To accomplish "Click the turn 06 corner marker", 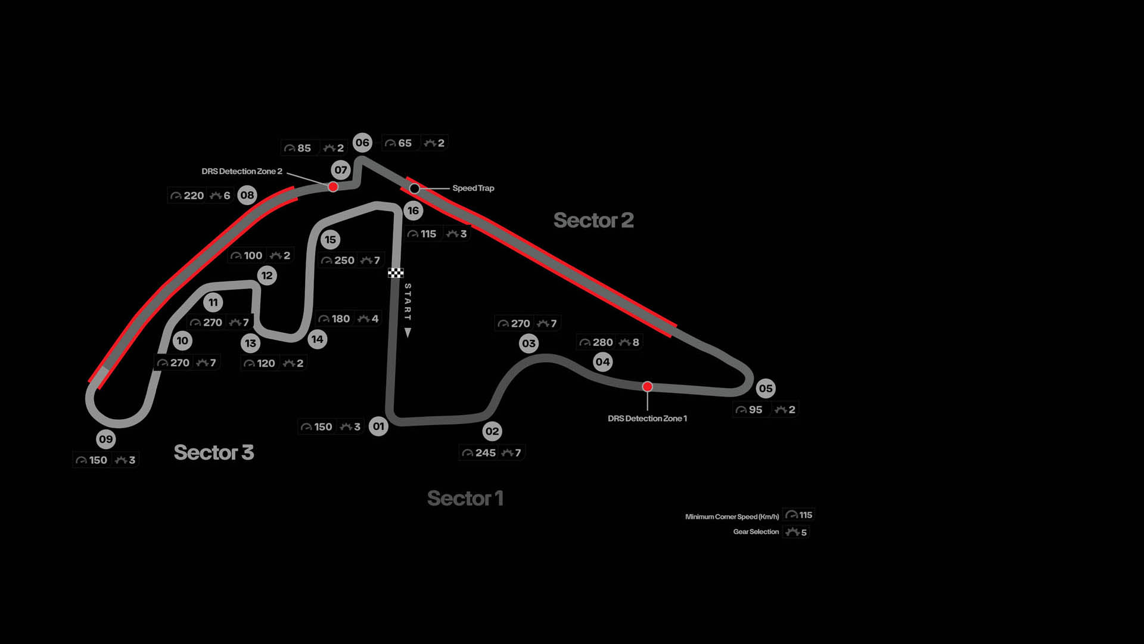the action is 362,143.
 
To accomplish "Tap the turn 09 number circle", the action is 106,439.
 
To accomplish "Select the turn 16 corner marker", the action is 413,210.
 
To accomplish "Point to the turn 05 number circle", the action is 766,389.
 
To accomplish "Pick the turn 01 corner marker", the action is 378,426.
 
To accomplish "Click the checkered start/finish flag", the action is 396,273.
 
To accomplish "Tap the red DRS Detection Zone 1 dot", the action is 648,386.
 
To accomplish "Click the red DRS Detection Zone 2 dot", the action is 333,187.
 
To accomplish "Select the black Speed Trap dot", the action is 415,188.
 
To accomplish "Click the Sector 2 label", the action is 593,220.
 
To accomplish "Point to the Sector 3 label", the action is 214,453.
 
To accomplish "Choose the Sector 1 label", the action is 465,498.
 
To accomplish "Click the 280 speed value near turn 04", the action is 603,342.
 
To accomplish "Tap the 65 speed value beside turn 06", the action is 405,143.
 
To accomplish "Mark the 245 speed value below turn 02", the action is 486,453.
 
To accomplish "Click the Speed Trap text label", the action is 473,188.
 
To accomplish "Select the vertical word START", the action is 408,302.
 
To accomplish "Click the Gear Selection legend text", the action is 756,532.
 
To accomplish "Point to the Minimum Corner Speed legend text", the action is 732,516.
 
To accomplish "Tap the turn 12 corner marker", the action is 267,275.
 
